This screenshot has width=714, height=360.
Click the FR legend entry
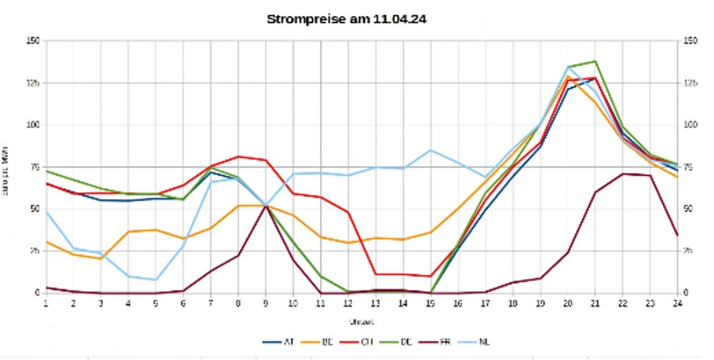coord(441,342)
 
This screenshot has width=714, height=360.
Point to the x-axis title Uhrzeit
coord(361,322)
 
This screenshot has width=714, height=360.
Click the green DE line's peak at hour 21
coord(595,61)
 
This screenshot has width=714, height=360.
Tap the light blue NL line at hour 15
coord(430,150)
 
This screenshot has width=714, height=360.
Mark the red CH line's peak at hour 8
coord(238,157)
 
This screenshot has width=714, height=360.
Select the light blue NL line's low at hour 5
coord(156,280)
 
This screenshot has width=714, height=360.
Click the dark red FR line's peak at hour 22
coord(622,174)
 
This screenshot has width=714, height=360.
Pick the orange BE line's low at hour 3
coord(101,259)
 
